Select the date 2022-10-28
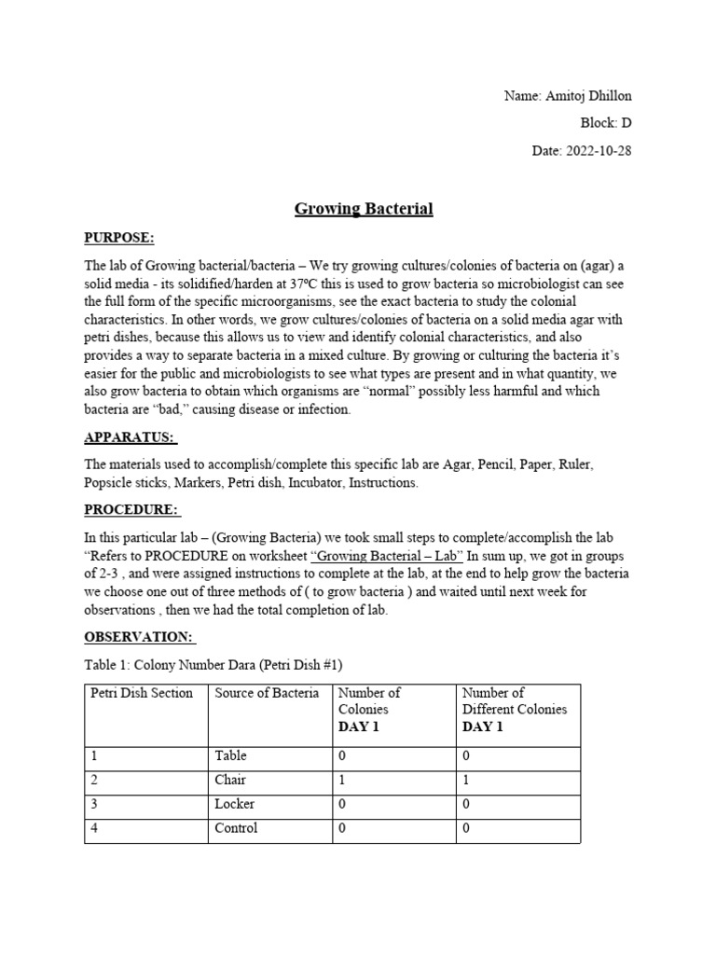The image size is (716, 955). (x=598, y=150)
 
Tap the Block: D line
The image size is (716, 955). (x=606, y=123)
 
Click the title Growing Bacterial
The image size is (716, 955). (x=364, y=209)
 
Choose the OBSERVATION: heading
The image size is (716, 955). (x=140, y=637)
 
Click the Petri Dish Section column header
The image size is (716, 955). (x=142, y=693)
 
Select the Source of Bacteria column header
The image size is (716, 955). (x=267, y=693)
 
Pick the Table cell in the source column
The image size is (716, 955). (x=230, y=755)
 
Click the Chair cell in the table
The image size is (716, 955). (x=230, y=780)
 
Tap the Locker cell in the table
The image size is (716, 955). (x=234, y=804)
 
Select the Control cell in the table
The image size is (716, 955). (x=236, y=828)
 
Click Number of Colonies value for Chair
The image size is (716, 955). (x=342, y=780)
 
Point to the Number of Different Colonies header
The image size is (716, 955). (x=515, y=709)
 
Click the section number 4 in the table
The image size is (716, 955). (x=94, y=828)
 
